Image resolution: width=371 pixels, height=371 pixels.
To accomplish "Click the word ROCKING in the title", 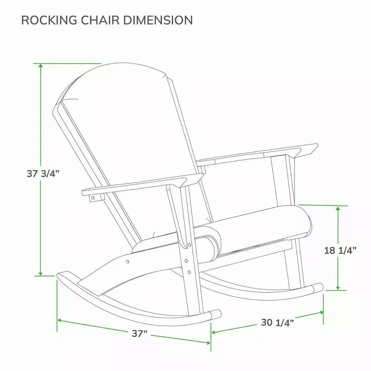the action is tap(49, 20).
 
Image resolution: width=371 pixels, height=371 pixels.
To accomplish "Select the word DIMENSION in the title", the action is tap(158, 20).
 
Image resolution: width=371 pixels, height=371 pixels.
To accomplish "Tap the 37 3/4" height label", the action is tap(43, 173).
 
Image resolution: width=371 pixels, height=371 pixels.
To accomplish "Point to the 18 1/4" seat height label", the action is tap(340, 250).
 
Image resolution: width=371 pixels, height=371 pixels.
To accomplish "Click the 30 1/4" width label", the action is tap(277, 322).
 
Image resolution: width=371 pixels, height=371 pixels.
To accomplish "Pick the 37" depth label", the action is tap(140, 333).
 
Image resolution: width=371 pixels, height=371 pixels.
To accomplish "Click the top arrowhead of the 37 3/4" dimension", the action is tap(41, 65).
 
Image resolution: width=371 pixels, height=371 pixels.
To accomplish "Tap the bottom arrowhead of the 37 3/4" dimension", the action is tap(41, 274).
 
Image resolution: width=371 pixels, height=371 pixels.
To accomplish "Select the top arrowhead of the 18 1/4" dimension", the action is tap(338, 208).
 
